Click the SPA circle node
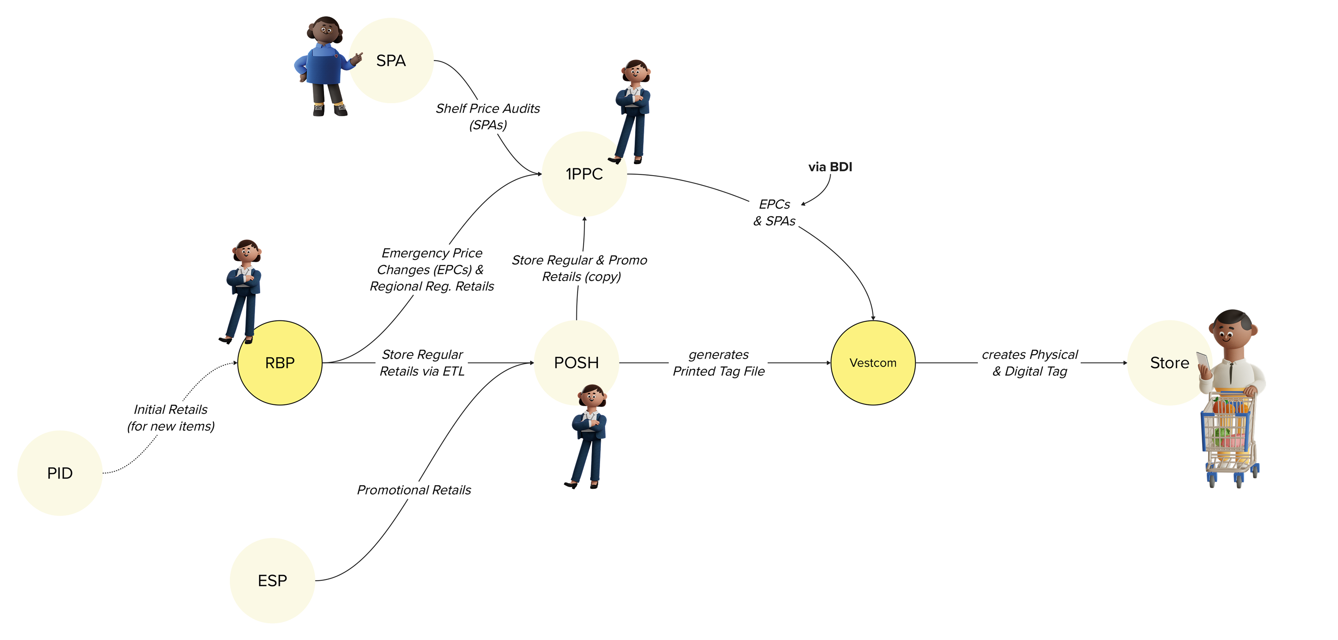click(391, 61)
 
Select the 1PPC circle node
click(584, 174)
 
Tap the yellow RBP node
click(280, 363)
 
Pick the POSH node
click(576, 363)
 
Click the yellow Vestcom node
click(873, 363)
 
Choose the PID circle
click(60, 473)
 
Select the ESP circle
click(272, 580)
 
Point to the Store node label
click(1169, 363)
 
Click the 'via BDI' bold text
click(830, 167)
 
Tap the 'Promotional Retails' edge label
click(414, 490)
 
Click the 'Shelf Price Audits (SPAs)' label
click(488, 116)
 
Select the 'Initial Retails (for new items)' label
click(171, 418)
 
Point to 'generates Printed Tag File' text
click(719, 363)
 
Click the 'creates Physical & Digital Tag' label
click(1030, 363)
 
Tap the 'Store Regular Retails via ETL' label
click(422, 363)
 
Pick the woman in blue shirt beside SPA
click(326, 66)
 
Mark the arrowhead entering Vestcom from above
click(873, 318)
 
